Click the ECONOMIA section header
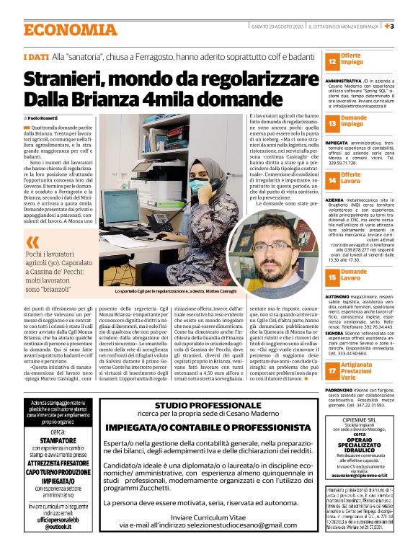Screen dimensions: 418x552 [70, 30]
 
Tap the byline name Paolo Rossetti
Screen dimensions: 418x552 [45, 117]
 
